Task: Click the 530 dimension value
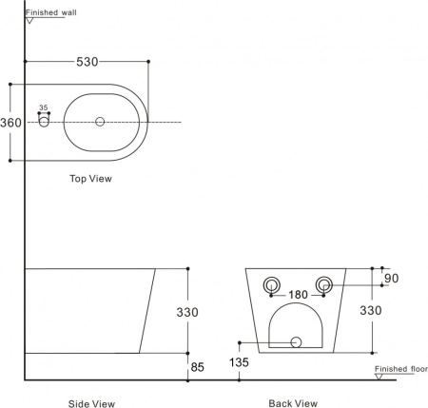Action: pyautogui.click(x=88, y=62)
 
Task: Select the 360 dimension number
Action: pyautogui.click(x=10, y=123)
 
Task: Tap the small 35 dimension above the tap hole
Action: pyautogui.click(x=44, y=107)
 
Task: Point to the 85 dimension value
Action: pyautogui.click(x=197, y=367)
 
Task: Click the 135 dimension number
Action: pyautogui.click(x=239, y=362)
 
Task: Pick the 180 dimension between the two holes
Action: pyautogui.click(x=298, y=295)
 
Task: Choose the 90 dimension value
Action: pyautogui.click(x=391, y=279)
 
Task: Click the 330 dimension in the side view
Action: pyautogui.click(x=187, y=312)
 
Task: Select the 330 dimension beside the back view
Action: pyautogui.click(x=371, y=310)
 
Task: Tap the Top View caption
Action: pyautogui.click(x=90, y=179)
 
